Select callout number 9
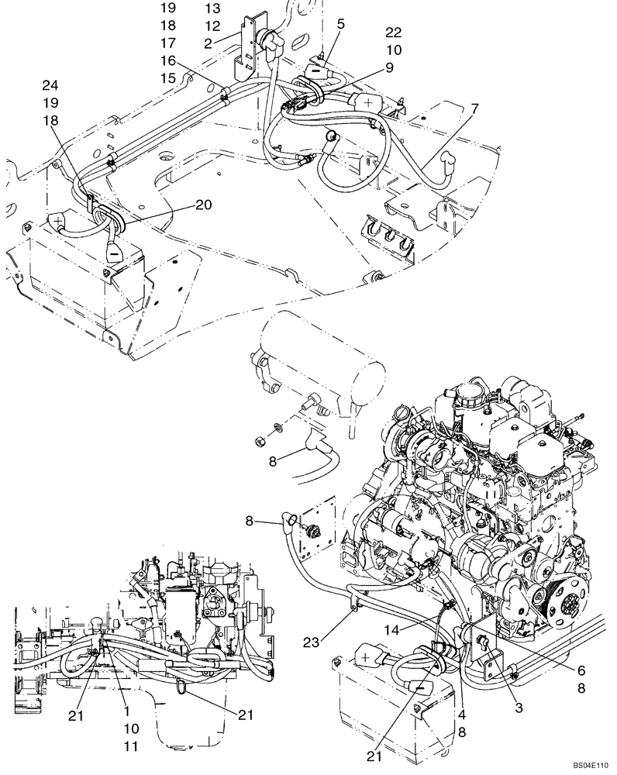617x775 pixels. pyautogui.click(x=388, y=67)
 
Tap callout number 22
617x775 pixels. pyautogui.click(x=393, y=32)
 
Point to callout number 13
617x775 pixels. pyautogui.click(x=212, y=9)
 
